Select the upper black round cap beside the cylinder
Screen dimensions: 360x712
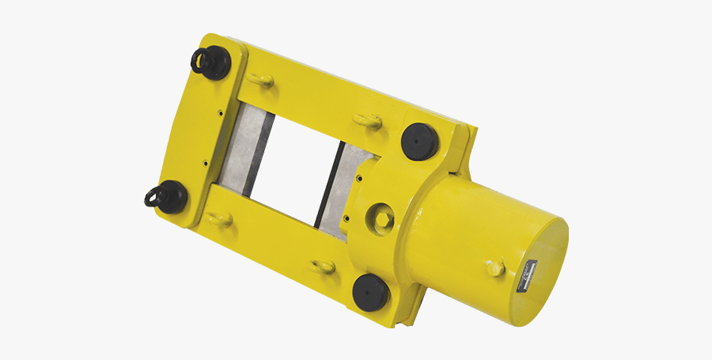[x=420, y=141]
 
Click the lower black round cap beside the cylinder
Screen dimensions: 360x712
[x=370, y=290]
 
